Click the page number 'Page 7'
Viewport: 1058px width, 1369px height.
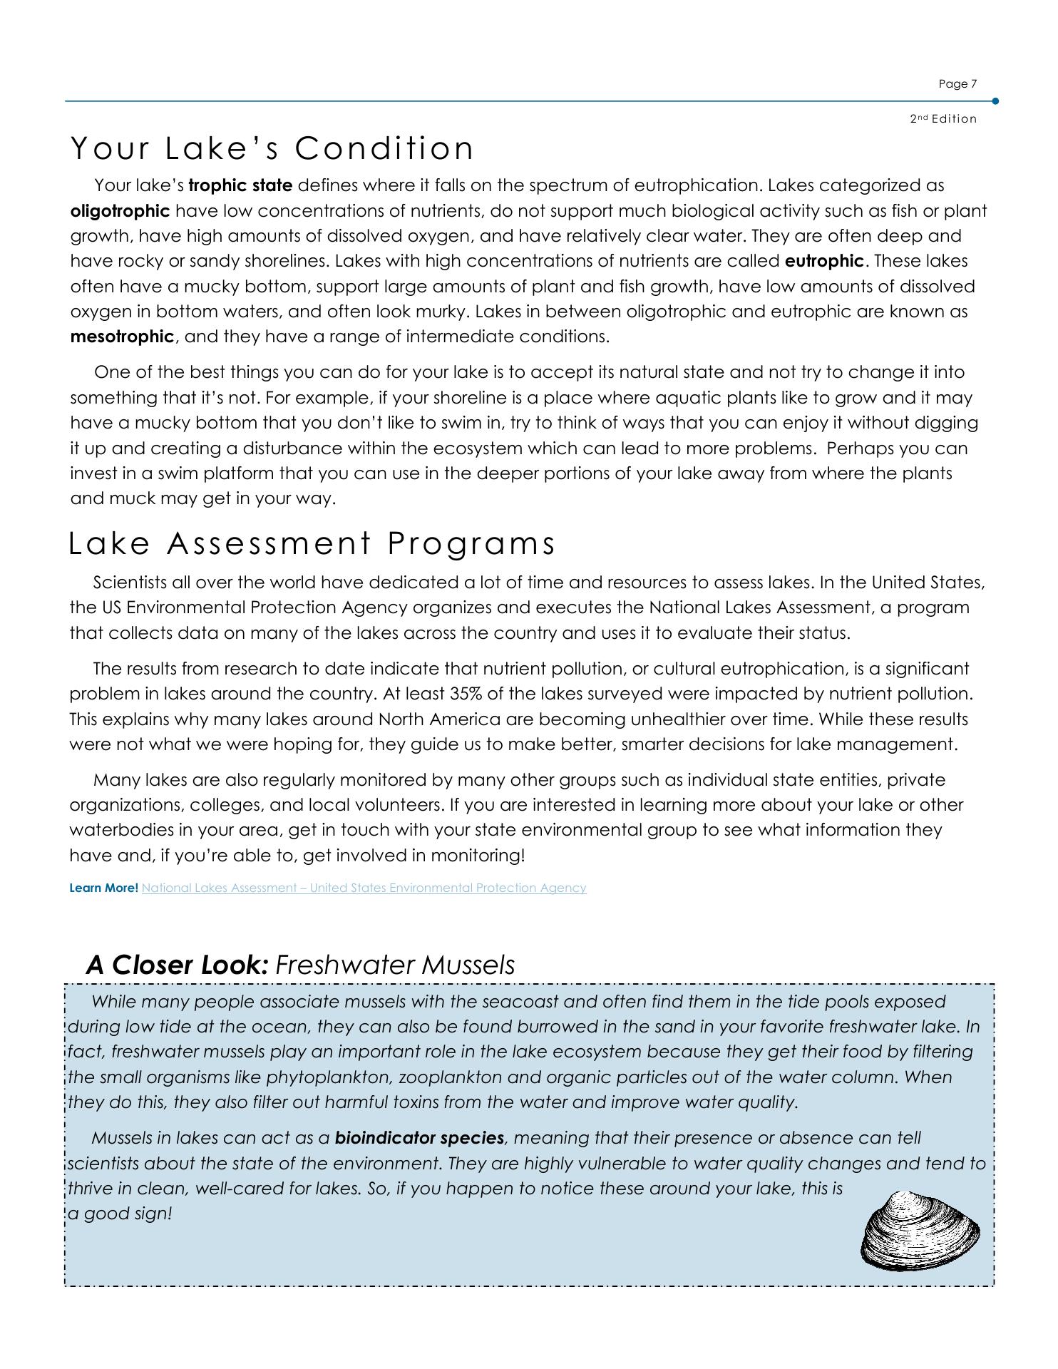957,84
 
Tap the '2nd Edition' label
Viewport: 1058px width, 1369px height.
943,119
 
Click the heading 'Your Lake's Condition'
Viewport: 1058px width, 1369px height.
272,148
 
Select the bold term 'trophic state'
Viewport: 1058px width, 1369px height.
240,185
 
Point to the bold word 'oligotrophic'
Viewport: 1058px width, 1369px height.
120,211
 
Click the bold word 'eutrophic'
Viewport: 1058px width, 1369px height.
824,261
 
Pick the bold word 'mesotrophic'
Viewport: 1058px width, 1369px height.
122,337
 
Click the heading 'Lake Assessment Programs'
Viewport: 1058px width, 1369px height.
312,544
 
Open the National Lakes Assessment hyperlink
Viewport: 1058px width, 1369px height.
364,888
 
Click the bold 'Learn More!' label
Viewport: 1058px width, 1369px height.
104,888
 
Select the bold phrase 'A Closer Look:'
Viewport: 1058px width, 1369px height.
177,965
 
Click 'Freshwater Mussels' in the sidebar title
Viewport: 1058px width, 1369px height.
395,965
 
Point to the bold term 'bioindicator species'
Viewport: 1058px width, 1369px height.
419,1138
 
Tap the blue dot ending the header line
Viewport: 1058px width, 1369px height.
995,101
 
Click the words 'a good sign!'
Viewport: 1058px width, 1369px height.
120,1214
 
